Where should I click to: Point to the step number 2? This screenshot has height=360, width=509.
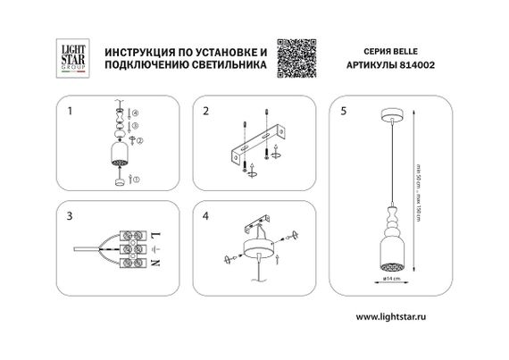(x=206, y=113)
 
